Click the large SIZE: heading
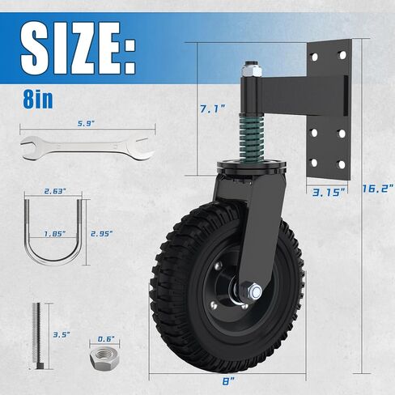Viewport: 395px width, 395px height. coord(78,48)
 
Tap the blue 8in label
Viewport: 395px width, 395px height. coord(38,100)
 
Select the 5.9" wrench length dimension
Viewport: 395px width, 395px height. coord(87,124)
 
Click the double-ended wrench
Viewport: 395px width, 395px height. coord(87,148)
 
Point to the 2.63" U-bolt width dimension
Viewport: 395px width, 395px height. coord(55,191)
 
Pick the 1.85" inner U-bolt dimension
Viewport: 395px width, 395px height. coord(55,234)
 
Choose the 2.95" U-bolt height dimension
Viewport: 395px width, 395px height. coord(102,234)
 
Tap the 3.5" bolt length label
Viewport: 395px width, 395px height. coord(62,335)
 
